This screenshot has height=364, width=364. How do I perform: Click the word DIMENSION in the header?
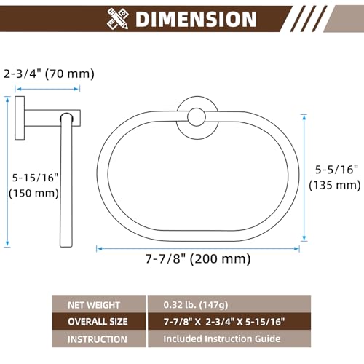(x=196, y=19)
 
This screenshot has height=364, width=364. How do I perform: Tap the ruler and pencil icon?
(x=118, y=19)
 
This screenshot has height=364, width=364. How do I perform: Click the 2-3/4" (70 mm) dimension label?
(x=49, y=74)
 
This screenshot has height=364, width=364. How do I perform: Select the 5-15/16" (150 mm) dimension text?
(x=34, y=186)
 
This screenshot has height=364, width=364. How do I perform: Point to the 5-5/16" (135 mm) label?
(x=335, y=178)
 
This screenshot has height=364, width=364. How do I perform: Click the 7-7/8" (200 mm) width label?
(x=198, y=258)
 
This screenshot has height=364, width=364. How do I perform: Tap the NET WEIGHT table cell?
(x=99, y=305)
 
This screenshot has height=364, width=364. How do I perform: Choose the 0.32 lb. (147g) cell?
(x=229, y=304)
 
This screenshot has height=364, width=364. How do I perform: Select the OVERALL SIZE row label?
(x=99, y=322)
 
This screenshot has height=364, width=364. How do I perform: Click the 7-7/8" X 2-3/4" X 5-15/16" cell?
(x=229, y=322)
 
